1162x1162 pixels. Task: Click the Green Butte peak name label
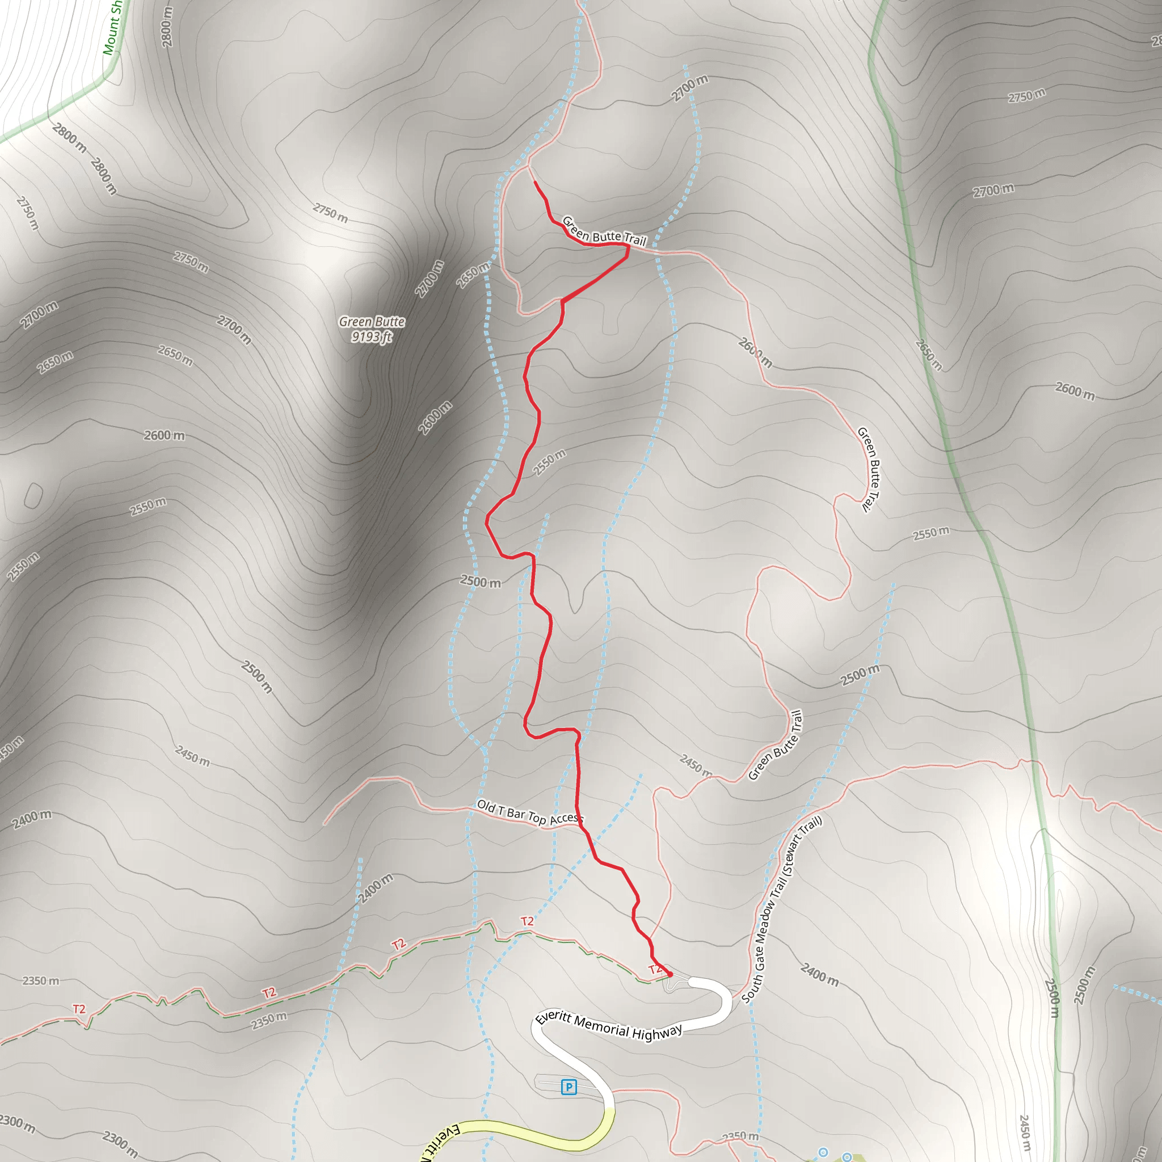pos(372,322)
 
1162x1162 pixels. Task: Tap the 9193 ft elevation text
pos(372,337)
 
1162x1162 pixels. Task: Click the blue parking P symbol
pos(569,1087)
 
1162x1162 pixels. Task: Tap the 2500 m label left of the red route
pos(480,582)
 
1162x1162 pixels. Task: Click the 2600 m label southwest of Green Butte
pos(164,435)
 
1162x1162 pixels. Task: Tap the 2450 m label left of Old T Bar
pos(192,756)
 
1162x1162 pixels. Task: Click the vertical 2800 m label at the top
pos(167,27)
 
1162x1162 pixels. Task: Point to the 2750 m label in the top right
pos(1026,95)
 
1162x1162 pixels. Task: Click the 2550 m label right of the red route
pos(549,462)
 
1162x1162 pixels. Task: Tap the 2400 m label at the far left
pos(32,819)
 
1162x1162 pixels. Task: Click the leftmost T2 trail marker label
pos(79,1009)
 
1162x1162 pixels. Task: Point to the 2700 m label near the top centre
pos(689,88)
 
